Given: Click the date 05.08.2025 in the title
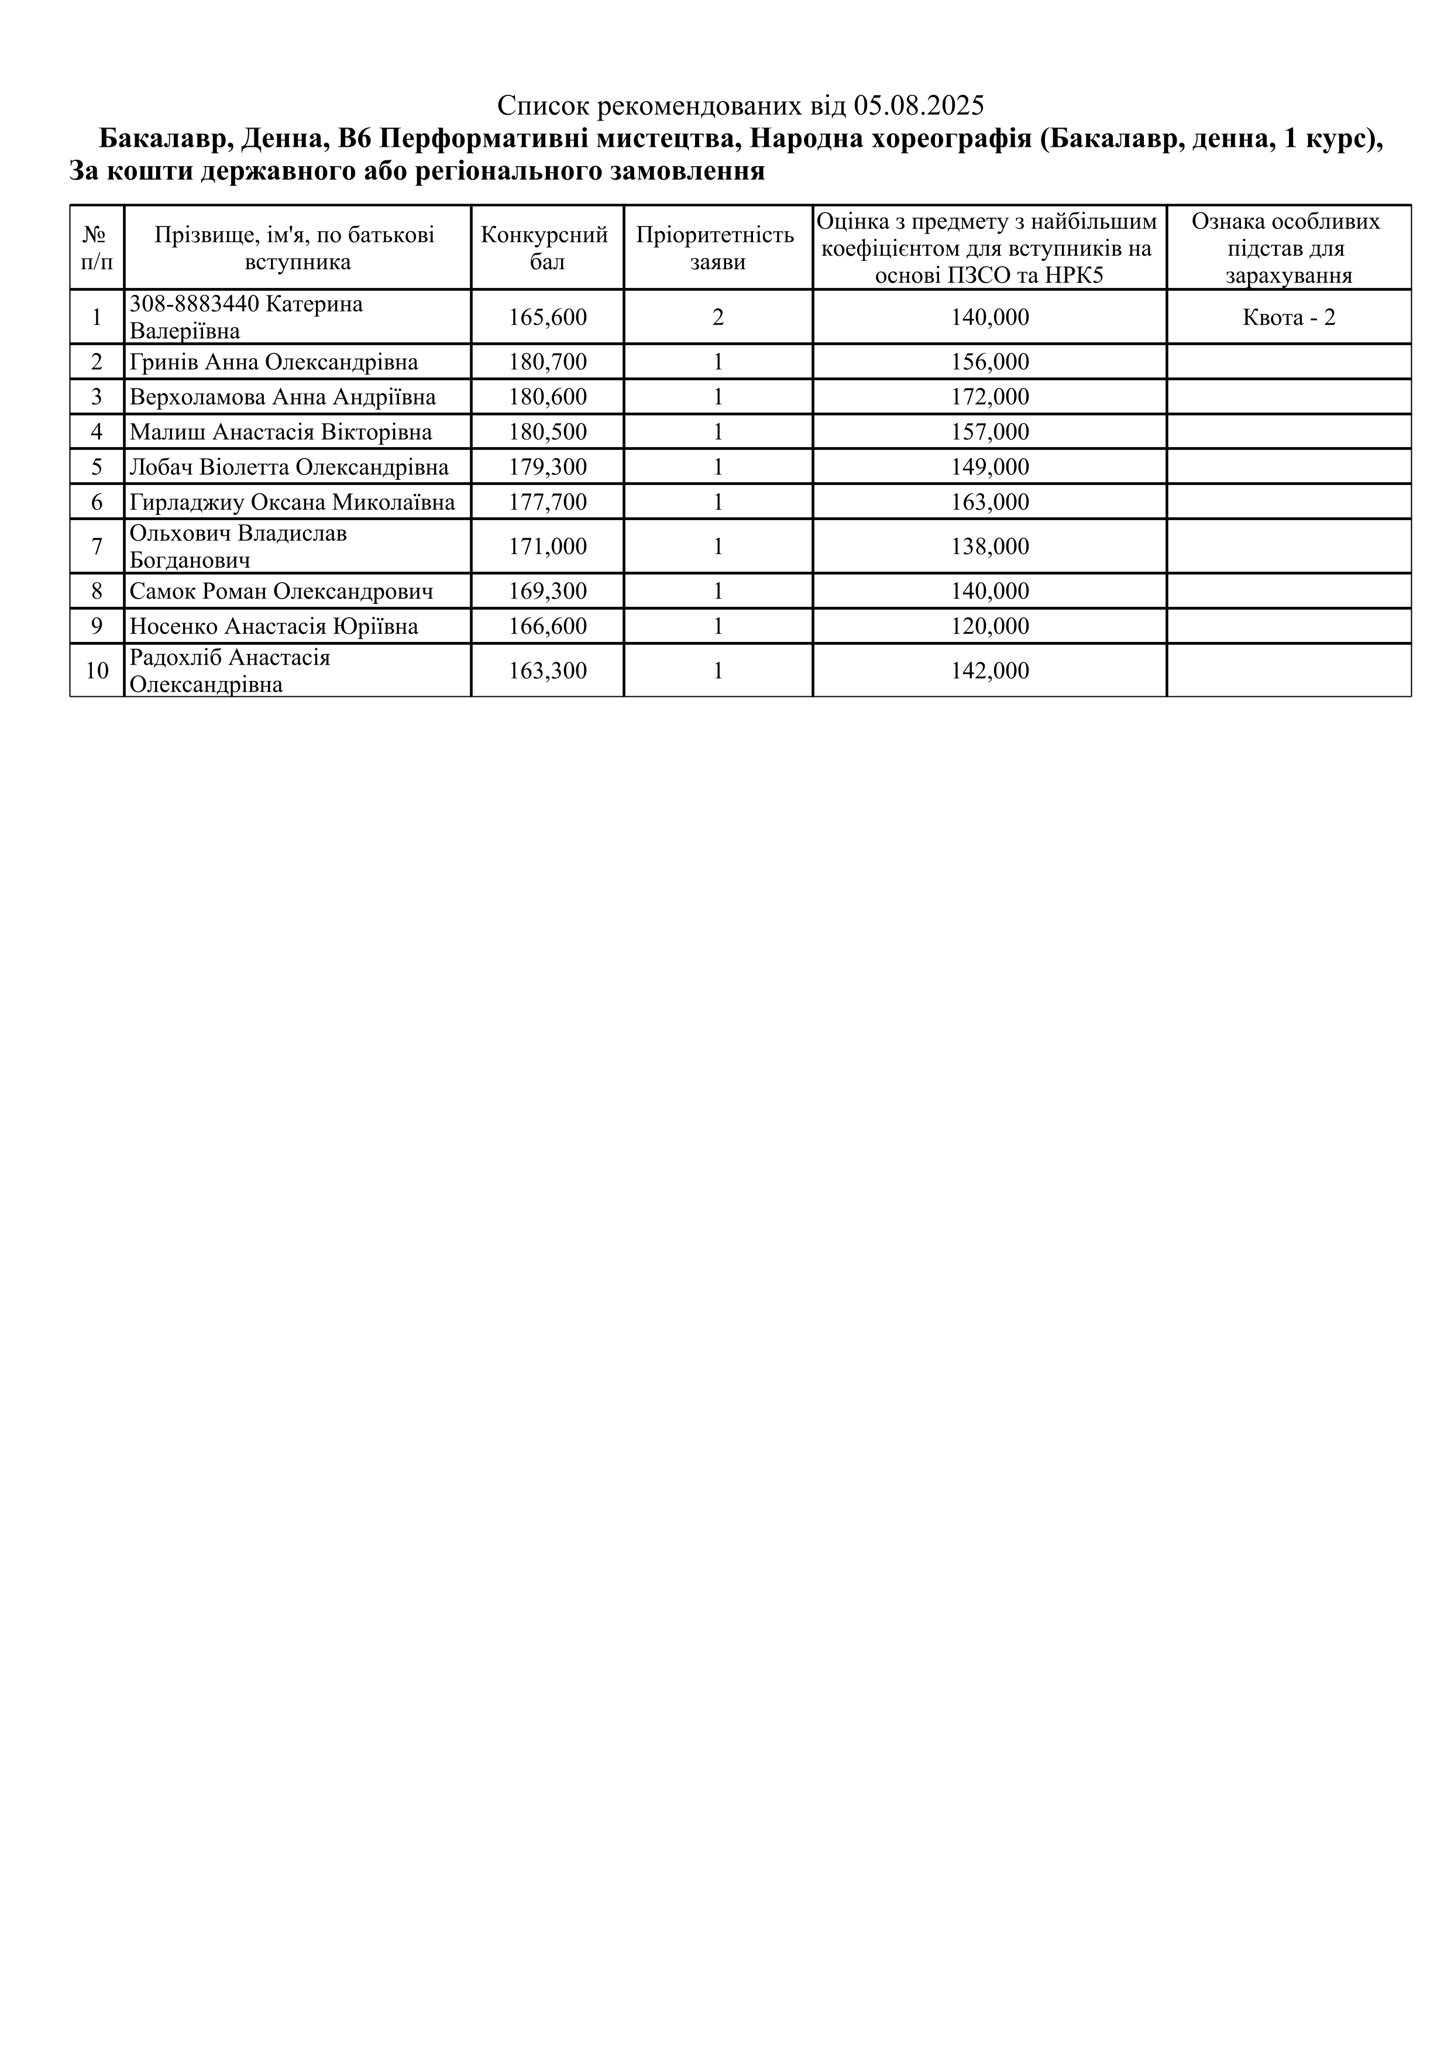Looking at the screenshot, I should pos(919,106).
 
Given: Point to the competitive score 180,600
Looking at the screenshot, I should pos(548,397).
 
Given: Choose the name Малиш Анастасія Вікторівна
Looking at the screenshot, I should pos(281,432).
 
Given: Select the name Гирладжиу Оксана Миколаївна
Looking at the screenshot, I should pos(292,502).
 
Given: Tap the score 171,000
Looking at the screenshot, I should pos(548,546).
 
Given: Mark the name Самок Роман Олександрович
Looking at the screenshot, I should pos(281,592).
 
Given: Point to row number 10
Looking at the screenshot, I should pos(97,671).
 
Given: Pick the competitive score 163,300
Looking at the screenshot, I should pos(548,671).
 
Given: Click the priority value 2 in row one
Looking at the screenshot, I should pos(717,317).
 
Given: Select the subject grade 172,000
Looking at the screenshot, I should pos(990,397).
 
